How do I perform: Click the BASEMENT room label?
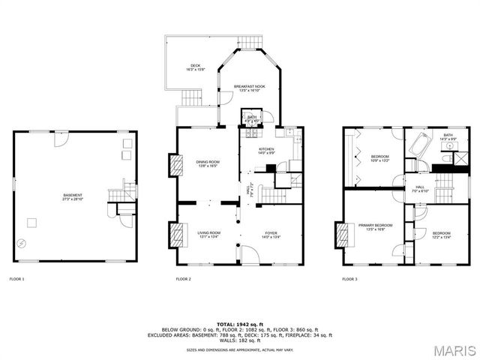[x=72, y=197]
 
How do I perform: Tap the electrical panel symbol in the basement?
[x=22, y=243]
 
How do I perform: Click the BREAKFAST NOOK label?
[x=249, y=88]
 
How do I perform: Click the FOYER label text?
[x=271, y=234]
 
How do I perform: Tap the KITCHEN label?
[x=266, y=150]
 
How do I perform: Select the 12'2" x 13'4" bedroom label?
[x=442, y=235]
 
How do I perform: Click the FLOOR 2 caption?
[x=184, y=279]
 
